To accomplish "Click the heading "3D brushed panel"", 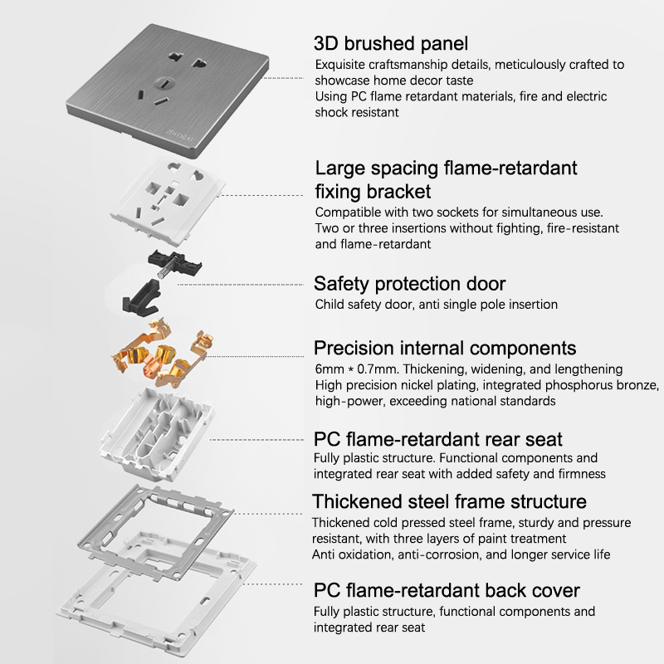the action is point(391,44).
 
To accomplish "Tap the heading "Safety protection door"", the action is point(409,284).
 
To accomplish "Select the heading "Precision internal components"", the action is point(445,348).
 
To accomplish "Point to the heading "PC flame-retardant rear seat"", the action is point(438,439).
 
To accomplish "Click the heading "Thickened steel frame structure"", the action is point(449,501).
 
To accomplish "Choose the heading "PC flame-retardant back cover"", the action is point(447,590).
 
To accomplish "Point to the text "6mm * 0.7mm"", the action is point(356,369).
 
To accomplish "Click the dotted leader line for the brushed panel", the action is point(283,78).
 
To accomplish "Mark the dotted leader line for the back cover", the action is point(272,584).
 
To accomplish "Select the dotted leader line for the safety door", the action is point(241,285).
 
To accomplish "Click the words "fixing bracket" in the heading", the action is point(373,192).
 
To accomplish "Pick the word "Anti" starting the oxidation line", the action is point(323,554).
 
